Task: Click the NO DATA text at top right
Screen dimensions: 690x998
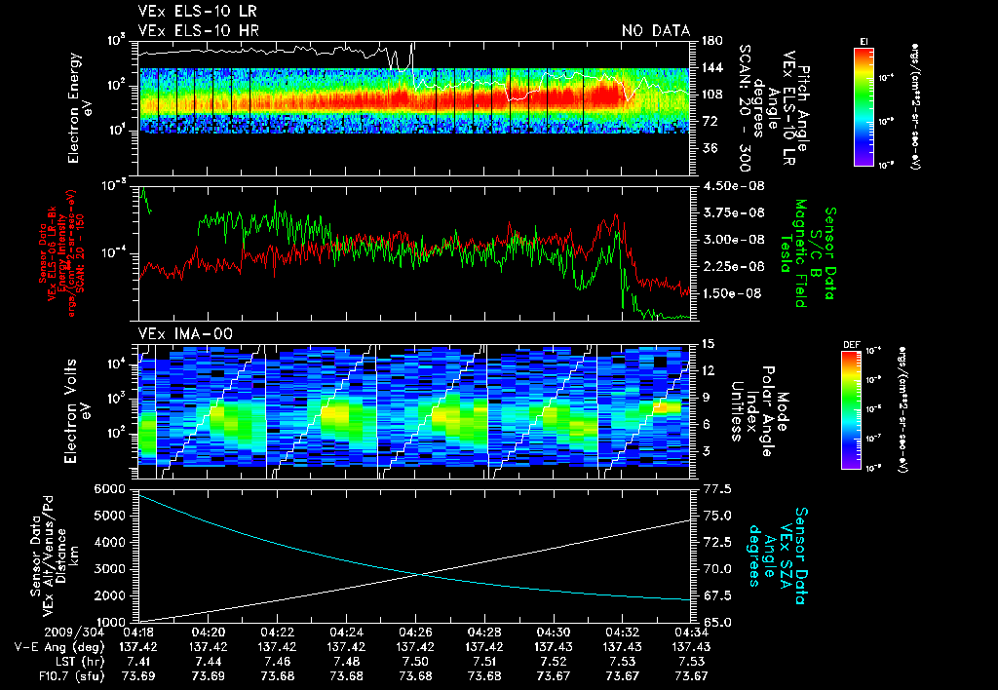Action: click(655, 30)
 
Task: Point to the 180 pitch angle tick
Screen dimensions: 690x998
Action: click(710, 41)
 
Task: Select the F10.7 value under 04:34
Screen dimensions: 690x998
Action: click(692, 676)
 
